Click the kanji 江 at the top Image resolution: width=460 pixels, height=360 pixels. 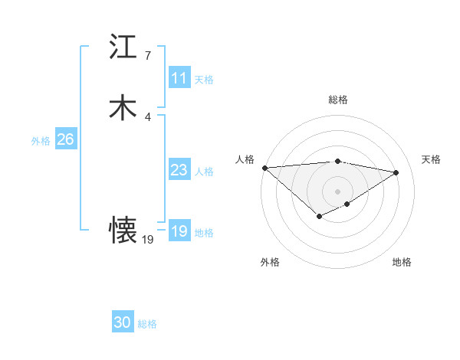123,47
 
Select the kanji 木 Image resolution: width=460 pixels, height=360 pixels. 123,107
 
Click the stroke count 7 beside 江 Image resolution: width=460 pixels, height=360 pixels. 147,56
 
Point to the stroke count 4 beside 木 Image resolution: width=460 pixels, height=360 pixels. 147,116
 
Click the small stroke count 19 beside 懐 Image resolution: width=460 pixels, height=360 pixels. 148,240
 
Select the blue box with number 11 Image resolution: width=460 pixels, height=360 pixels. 179,78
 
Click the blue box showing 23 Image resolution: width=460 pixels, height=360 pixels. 179,171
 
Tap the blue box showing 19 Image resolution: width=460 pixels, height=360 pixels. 179,231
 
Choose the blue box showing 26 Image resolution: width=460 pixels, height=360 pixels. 65,139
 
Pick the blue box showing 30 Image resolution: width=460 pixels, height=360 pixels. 123,322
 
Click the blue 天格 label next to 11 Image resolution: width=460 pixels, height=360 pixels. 204,80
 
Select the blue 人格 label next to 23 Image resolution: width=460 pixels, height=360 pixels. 204,172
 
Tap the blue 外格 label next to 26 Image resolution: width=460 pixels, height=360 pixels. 41,141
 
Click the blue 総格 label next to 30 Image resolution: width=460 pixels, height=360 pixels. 147,324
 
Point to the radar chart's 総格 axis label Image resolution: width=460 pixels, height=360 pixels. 338,100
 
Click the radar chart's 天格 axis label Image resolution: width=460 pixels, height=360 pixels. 431,159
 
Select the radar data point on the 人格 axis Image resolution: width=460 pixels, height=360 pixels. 264,168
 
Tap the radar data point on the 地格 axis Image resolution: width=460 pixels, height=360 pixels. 347,204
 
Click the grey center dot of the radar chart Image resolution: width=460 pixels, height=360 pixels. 337,191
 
